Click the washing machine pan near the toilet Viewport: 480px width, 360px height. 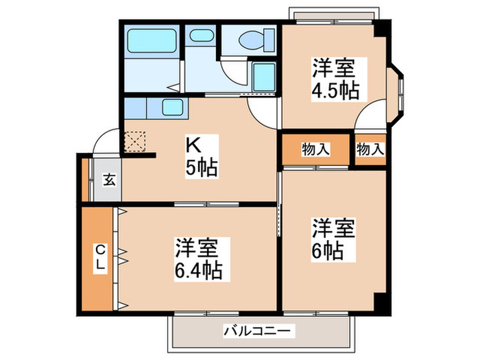pos(263,77)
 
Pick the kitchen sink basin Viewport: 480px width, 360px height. pos(171,108)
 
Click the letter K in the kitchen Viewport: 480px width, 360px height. pos(194,145)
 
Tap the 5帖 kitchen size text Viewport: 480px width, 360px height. pos(200,167)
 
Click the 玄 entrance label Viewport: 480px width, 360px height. pos(108,180)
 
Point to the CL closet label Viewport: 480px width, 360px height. pos(99,256)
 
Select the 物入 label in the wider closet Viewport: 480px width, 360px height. pos(315,149)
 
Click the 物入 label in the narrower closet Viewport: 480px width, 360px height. pos(370,149)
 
